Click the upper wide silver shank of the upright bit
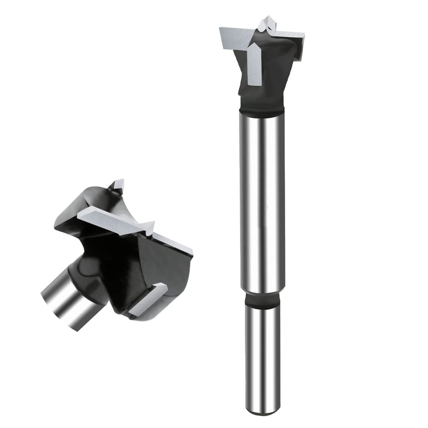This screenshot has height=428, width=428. pos(262,201)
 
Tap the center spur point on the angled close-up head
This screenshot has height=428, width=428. pos(149,227)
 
